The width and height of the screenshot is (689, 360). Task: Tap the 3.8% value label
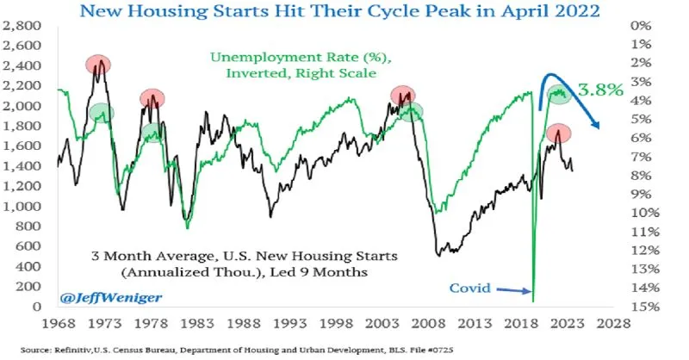coord(599,90)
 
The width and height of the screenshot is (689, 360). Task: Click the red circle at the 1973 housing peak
coord(100,65)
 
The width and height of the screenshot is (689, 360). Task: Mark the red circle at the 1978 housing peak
coord(152,98)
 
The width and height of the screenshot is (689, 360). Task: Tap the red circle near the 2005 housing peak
coord(402,96)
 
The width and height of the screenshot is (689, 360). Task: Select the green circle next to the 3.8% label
coord(561,93)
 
